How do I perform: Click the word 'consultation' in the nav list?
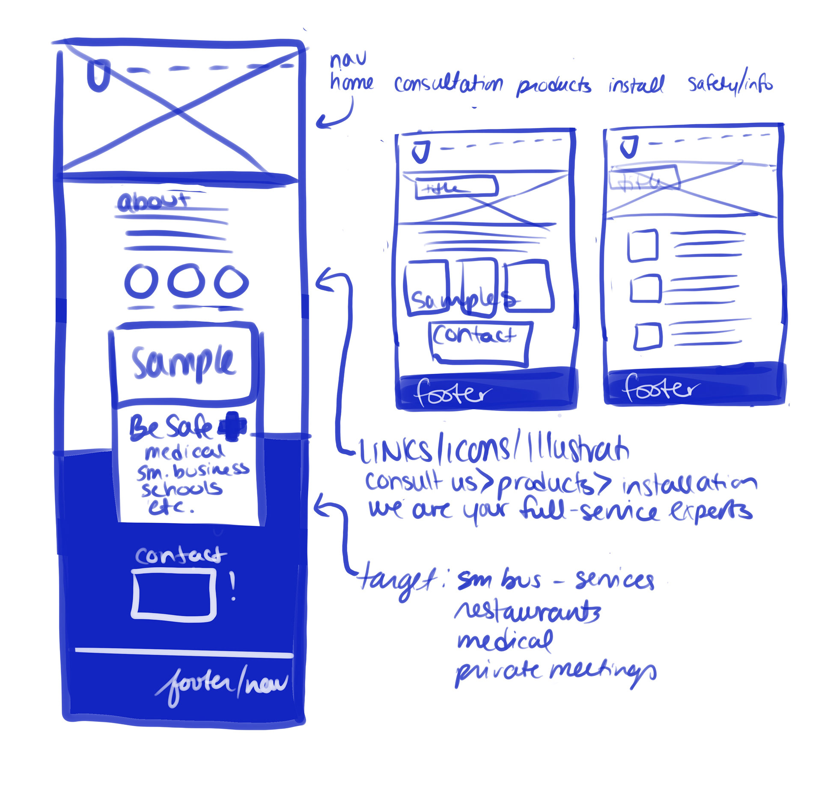(448, 84)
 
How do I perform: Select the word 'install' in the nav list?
(636, 85)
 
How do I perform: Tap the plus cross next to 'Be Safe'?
(232, 426)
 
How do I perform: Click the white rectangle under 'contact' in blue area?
(174, 594)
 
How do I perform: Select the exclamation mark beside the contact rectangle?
(232, 586)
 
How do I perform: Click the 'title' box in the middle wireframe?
(456, 188)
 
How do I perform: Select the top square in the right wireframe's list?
(642, 245)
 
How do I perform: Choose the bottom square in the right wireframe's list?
(647, 336)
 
